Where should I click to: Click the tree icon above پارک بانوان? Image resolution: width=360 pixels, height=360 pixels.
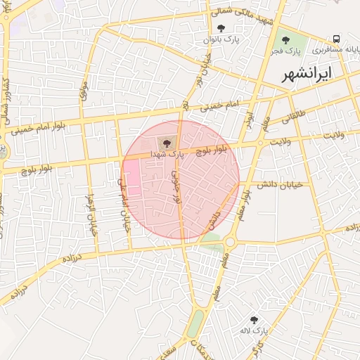pyautogui.click(x=221, y=28)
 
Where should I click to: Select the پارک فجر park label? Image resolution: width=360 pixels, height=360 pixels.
pyautogui.click(x=285, y=52)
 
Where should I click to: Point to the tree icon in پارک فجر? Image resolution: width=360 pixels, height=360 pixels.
pyautogui.click(x=285, y=40)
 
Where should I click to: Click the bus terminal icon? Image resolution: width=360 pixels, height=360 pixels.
pyautogui.click(x=337, y=39)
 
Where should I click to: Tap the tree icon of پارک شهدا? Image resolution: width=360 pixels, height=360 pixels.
pyautogui.click(x=166, y=143)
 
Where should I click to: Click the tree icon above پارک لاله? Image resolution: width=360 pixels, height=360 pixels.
pyautogui.click(x=253, y=319)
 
